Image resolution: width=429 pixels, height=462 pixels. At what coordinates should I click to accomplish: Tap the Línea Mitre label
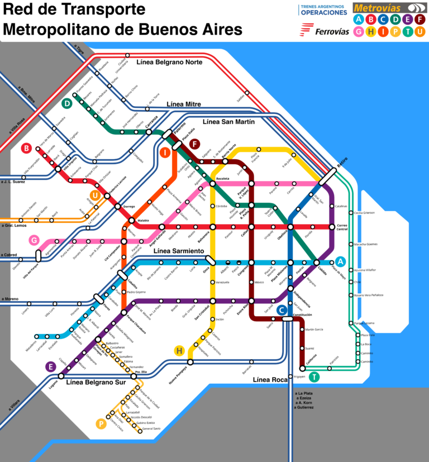coord(184,104)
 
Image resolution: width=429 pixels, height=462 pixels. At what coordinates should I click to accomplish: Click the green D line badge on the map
coord(67,103)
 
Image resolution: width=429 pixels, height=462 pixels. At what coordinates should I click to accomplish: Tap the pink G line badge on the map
coord(34,240)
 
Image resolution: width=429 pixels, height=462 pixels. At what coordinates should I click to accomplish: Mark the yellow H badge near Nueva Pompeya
coord(179,350)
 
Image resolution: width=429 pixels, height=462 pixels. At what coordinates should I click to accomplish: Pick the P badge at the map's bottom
coord(101,423)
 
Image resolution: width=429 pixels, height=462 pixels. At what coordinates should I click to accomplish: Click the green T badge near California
coord(315,377)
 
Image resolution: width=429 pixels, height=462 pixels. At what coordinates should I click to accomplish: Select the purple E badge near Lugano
coord(51,366)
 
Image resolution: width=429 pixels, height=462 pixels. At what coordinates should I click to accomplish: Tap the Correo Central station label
coord(342,227)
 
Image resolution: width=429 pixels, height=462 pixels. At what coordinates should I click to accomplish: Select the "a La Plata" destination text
coord(304,393)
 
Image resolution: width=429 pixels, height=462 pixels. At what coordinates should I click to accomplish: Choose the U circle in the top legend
coord(420,31)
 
